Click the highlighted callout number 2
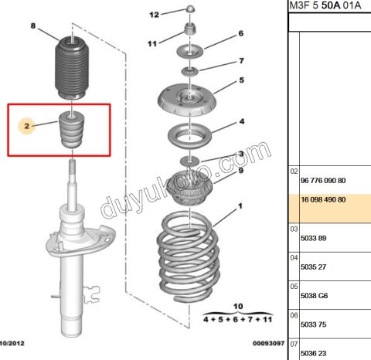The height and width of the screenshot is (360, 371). (27, 126)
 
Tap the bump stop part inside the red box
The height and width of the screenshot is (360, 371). (71, 130)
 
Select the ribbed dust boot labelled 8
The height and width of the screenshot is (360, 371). (72, 68)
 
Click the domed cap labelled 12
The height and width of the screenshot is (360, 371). (190, 8)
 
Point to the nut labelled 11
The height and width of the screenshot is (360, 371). (189, 29)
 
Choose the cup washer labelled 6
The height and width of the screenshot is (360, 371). (189, 51)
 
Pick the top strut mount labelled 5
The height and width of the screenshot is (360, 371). (186, 100)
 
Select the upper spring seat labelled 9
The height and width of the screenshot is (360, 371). (190, 188)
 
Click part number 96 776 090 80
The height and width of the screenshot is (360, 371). (323, 181)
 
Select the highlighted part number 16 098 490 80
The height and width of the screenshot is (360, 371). (323, 199)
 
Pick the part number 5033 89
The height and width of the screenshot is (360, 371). (313, 238)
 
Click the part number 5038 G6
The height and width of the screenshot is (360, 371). (314, 296)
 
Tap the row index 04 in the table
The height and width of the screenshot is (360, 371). (294, 258)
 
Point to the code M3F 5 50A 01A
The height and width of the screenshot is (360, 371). (325, 5)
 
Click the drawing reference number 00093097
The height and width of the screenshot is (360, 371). (268, 343)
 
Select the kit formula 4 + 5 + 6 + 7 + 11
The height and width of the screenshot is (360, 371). (237, 320)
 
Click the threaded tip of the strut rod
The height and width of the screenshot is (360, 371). (72, 167)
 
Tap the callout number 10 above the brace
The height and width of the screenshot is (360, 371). (238, 306)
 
